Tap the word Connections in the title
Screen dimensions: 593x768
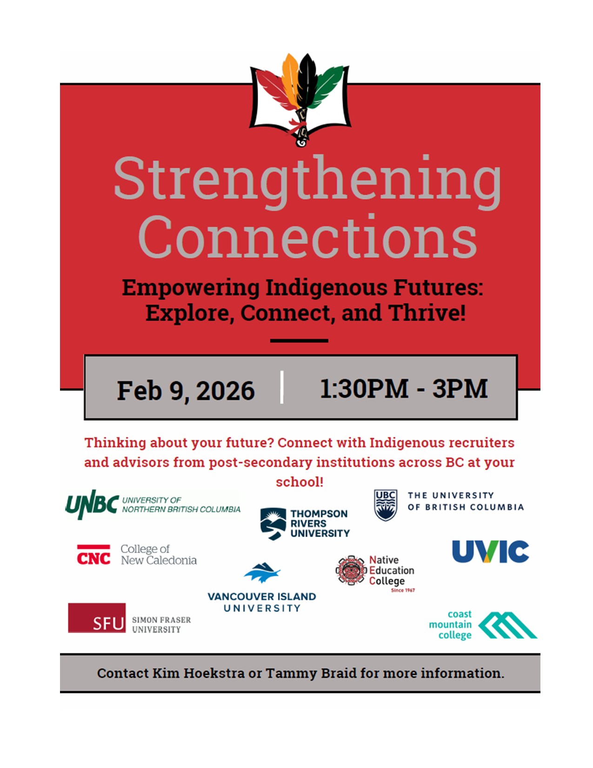coord(307,236)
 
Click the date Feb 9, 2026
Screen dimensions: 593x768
coord(186,391)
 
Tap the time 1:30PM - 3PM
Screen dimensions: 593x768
coord(404,388)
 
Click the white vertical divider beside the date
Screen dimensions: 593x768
coord(282,387)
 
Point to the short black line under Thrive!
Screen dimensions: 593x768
coord(299,341)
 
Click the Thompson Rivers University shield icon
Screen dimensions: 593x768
coord(273,524)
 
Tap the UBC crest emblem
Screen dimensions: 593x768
coord(386,505)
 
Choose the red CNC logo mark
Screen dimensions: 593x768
coord(93,554)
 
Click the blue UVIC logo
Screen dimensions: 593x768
coord(491,552)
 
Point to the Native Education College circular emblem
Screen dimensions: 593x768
coord(351,570)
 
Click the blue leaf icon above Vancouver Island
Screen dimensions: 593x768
coord(262,573)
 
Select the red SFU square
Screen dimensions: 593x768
coord(97,618)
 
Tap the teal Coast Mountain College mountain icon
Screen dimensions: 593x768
coord(507,625)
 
